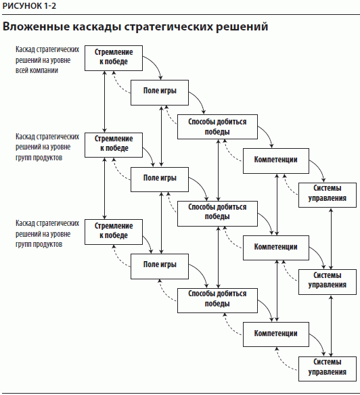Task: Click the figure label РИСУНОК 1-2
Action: [29, 6]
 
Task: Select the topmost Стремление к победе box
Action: [114, 58]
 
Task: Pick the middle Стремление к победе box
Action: [114, 145]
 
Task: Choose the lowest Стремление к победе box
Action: [114, 232]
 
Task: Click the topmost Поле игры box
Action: [160, 93]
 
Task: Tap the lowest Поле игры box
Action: [160, 266]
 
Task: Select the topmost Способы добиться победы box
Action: [218, 126]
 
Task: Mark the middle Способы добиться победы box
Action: [218, 214]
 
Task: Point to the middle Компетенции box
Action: [276, 248]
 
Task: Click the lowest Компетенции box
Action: [276, 334]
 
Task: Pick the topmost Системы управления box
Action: [328, 195]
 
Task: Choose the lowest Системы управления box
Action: [328, 369]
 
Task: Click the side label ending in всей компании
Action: [47, 60]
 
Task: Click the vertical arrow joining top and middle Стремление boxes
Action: [105, 101]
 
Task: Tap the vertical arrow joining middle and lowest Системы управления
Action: [332, 326]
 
